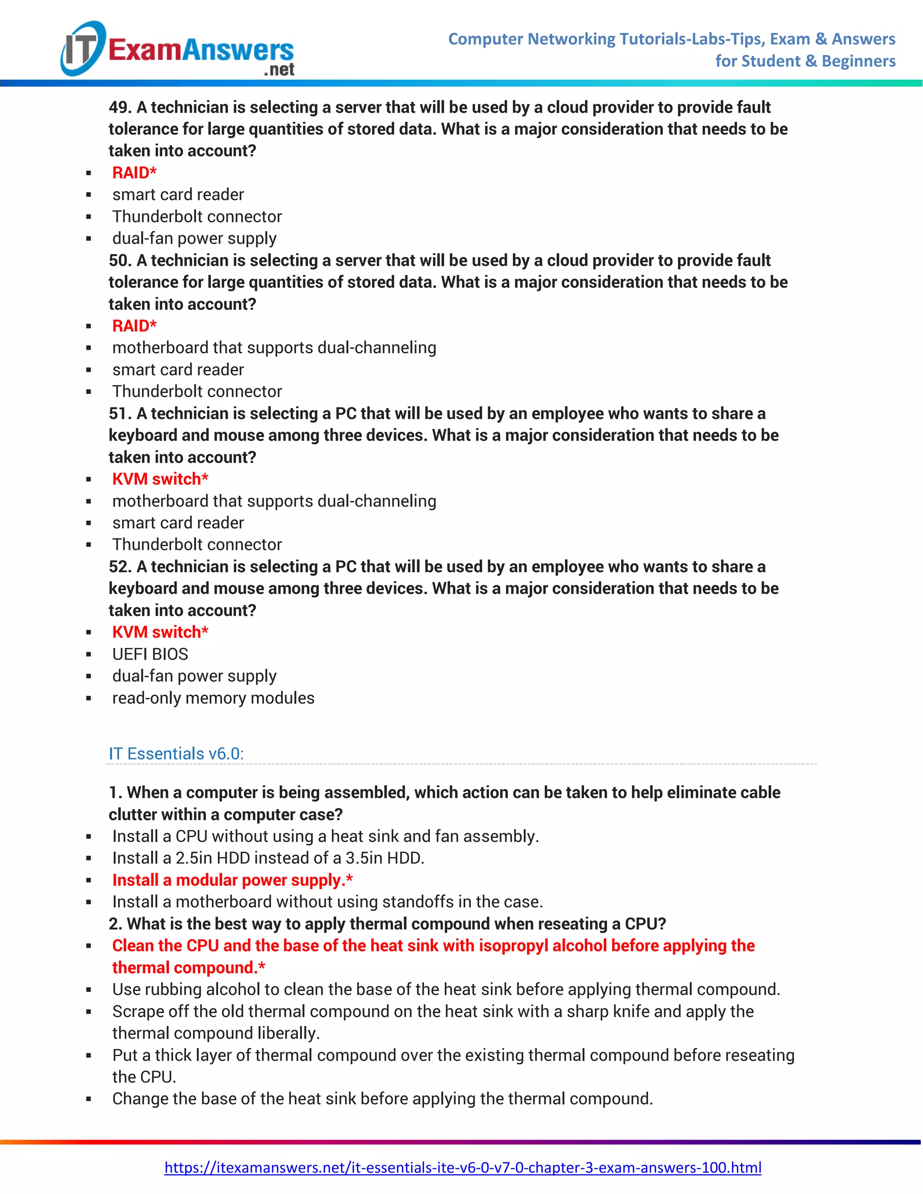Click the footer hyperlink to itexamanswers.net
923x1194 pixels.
(x=462, y=1167)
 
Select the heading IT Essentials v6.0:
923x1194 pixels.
(x=176, y=753)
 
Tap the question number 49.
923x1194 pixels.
(x=119, y=107)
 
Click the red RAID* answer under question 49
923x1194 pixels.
(x=134, y=173)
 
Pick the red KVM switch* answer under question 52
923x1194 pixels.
(x=160, y=632)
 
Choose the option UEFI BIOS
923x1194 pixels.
(x=151, y=654)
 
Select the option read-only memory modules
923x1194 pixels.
(x=213, y=697)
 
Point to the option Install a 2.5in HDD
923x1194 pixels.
(x=268, y=858)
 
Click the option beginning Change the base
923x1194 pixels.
(x=383, y=1098)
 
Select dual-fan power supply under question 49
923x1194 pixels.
(x=194, y=238)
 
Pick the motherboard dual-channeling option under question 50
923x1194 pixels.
(x=274, y=348)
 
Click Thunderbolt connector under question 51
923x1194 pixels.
(x=197, y=545)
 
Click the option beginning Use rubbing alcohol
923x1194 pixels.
(x=446, y=989)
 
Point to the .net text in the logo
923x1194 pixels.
(x=279, y=69)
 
